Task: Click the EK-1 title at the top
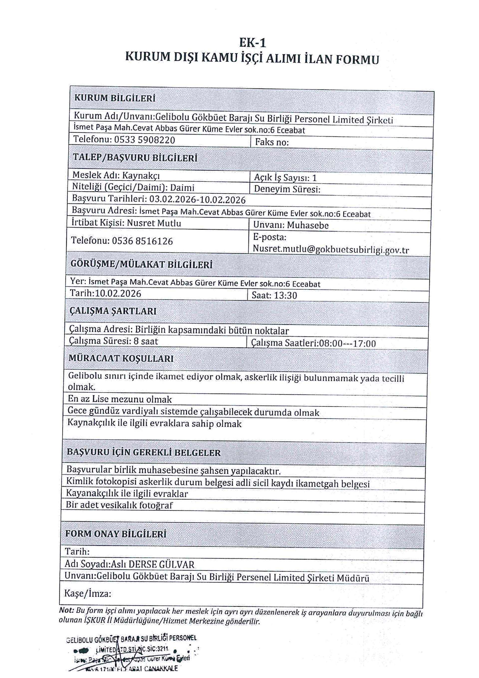[x=252, y=43]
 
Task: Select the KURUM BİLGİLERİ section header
[x=115, y=98]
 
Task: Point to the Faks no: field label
[x=272, y=142]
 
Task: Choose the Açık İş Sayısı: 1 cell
[x=285, y=178]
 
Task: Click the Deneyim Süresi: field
[x=287, y=189]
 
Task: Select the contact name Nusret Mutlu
[x=154, y=223]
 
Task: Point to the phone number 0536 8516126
[x=142, y=241]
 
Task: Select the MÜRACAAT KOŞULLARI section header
[x=121, y=359]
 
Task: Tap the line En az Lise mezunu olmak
[x=120, y=399]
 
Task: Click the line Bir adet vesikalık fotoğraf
[x=119, y=505]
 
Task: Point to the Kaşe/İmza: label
[x=88, y=594]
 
